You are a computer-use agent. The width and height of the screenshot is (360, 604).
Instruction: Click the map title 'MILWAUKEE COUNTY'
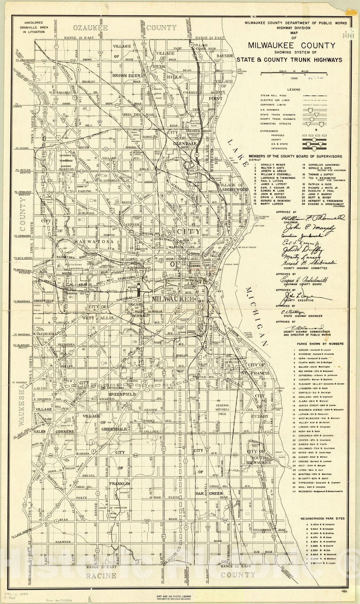pos(291,46)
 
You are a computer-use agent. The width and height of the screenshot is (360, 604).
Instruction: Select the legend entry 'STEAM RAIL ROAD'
pos(270,96)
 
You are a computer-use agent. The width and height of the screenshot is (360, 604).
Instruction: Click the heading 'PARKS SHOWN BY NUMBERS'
pos(320,344)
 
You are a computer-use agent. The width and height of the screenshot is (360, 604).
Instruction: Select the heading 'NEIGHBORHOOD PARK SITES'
pos(322,519)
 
